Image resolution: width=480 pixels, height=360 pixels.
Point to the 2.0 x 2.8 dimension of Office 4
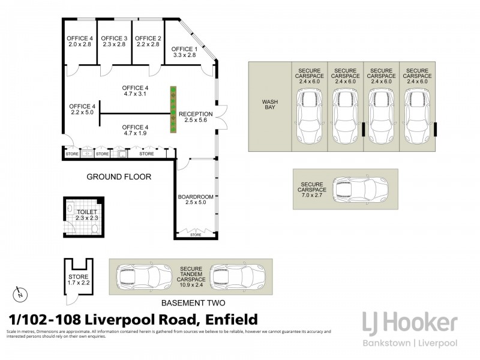(79, 45)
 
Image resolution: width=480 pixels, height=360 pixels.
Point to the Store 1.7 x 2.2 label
(78, 279)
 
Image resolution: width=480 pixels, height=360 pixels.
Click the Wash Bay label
(269, 105)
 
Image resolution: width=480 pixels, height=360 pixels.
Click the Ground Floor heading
(119, 176)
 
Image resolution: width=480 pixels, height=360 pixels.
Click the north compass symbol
(19, 295)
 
